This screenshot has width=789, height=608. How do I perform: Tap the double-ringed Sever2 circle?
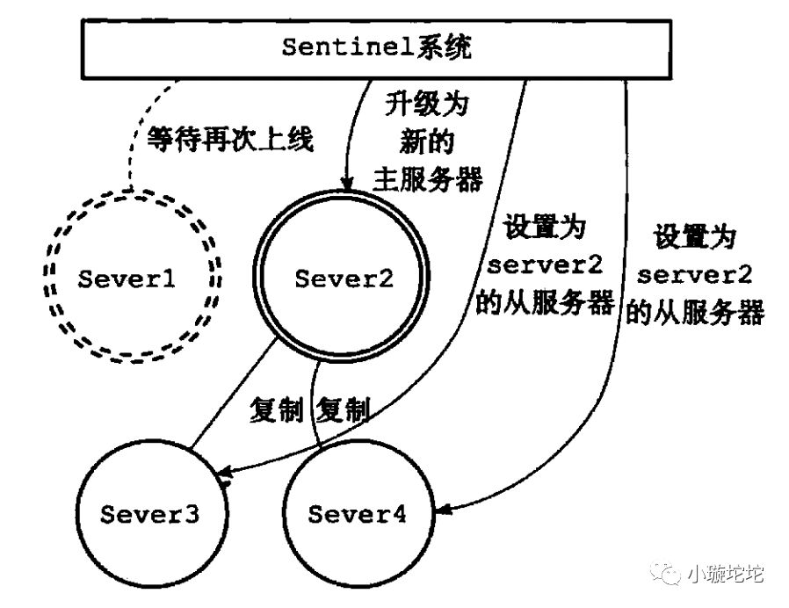[x=344, y=279]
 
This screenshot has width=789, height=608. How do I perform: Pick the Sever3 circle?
[x=148, y=513]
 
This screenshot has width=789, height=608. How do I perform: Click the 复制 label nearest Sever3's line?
[x=276, y=409]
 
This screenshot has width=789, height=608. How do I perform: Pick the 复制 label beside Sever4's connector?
[x=344, y=409]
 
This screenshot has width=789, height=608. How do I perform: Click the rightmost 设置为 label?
[x=695, y=237]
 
